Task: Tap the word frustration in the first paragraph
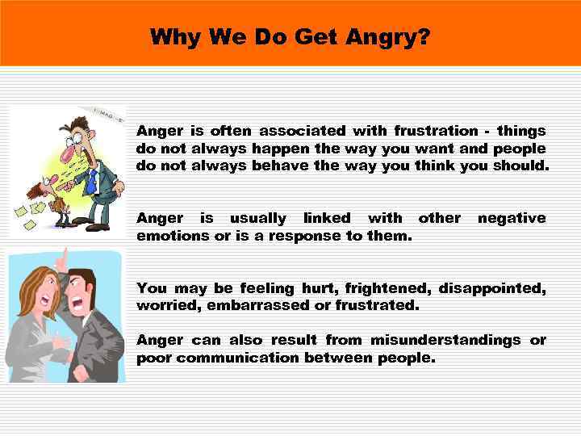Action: pyautogui.click(x=436, y=131)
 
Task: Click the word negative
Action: pyautogui.click(x=512, y=218)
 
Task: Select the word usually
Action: pyautogui.click(x=258, y=218)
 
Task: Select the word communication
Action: pyautogui.click(x=238, y=358)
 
